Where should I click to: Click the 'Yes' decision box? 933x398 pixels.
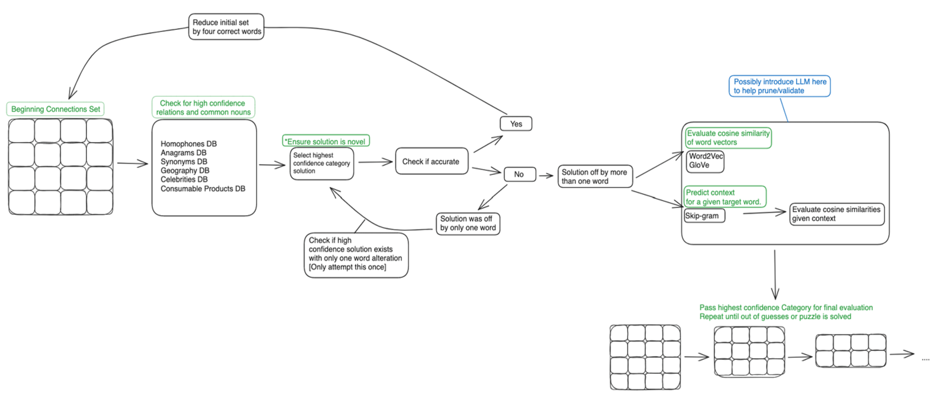516,124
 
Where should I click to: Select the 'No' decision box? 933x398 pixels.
519,174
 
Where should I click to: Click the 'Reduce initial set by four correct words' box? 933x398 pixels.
226,27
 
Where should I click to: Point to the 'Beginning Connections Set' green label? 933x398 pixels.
55,109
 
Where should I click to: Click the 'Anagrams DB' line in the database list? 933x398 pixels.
183,153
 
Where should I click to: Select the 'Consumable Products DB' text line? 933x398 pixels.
203,189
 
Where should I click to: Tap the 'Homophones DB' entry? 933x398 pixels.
188,144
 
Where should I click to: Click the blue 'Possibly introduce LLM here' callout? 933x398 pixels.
779,86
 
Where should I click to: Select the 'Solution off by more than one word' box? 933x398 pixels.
595,176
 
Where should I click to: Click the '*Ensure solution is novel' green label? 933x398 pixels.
326,141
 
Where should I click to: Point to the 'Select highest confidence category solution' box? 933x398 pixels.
321,163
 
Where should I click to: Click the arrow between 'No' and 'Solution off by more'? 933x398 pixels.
546,176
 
